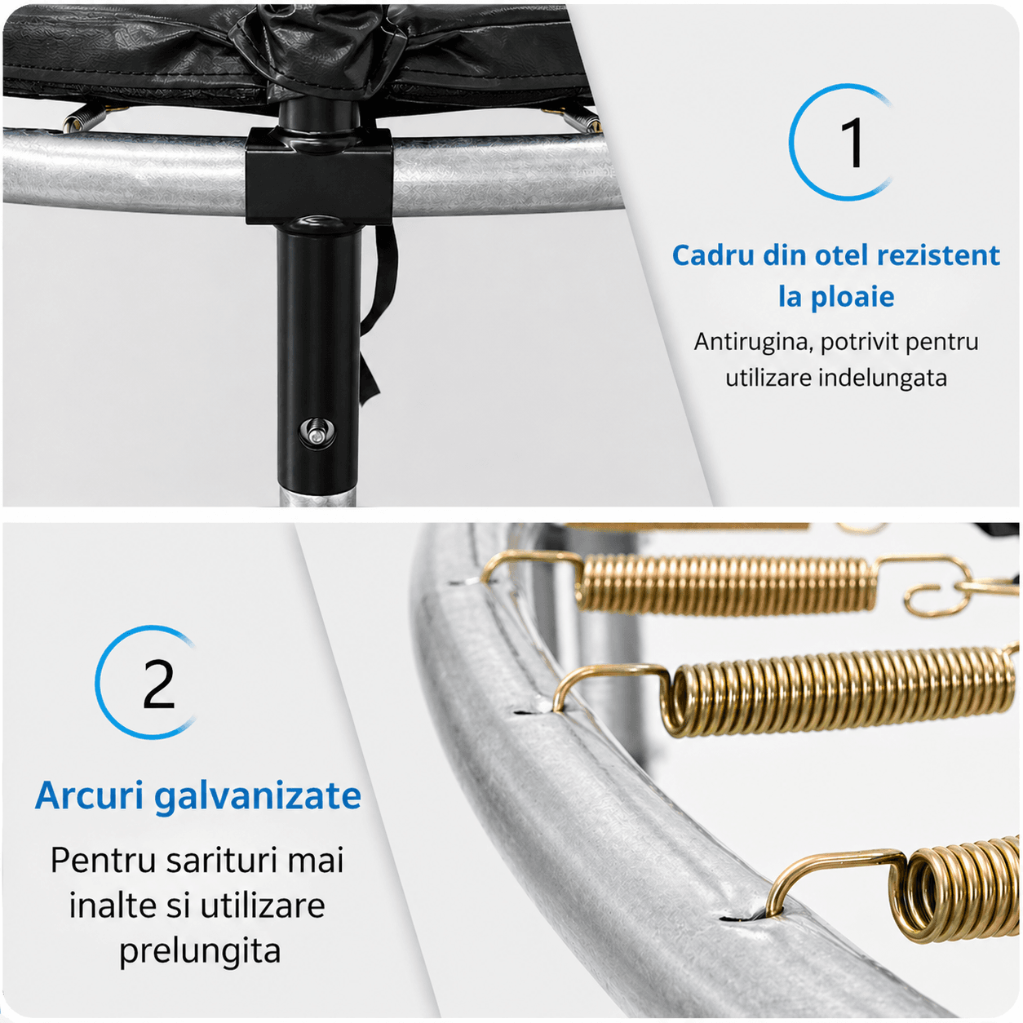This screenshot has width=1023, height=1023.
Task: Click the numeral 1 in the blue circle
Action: tap(853, 142)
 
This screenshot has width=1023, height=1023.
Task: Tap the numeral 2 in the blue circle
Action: tap(159, 684)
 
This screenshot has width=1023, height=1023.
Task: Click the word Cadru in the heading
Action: tap(714, 255)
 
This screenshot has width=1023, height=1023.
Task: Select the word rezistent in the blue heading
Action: tap(939, 255)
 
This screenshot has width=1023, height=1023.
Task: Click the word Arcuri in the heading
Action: tap(89, 795)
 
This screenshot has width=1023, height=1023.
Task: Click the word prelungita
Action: tap(200, 952)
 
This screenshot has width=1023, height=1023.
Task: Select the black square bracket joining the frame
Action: tap(318, 175)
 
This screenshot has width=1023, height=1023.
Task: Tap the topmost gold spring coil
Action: tap(725, 585)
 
